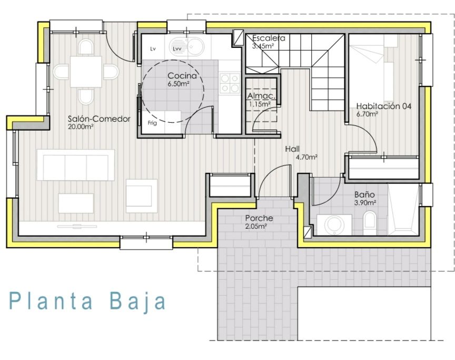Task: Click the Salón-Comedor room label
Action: pyautogui.click(x=99, y=119)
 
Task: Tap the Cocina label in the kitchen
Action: pyautogui.click(x=182, y=76)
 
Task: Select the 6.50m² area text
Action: pyautogui.click(x=179, y=84)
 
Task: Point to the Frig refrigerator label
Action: pyautogui.click(x=152, y=123)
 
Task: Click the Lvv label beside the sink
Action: pyautogui.click(x=177, y=49)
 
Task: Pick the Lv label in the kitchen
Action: pyautogui.click(x=153, y=49)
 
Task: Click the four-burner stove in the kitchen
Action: pyautogui.click(x=230, y=83)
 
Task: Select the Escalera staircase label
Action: pyautogui.click(x=269, y=38)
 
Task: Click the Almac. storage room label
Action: pyautogui.click(x=261, y=96)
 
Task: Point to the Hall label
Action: pyautogui.click(x=292, y=149)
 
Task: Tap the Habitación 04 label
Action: pyautogui.click(x=383, y=106)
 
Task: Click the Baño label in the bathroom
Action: pyautogui.click(x=364, y=194)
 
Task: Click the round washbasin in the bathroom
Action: pyautogui.click(x=334, y=225)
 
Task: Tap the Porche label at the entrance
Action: pyautogui.click(x=259, y=218)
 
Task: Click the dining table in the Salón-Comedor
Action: pyautogui.click(x=86, y=72)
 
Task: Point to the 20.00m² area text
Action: pyautogui.click(x=81, y=127)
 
